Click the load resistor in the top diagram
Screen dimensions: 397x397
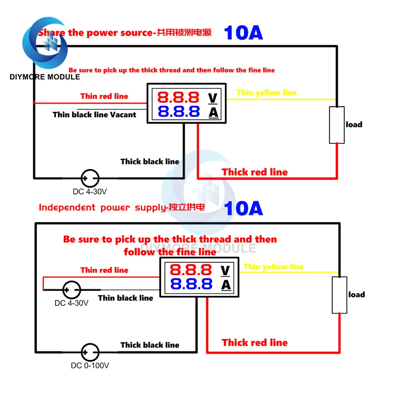[x=337, y=125]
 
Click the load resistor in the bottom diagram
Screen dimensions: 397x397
[x=339, y=295]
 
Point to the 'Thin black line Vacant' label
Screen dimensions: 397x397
[x=94, y=115]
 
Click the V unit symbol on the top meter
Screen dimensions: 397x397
[x=213, y=97]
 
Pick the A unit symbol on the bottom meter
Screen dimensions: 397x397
[x=225, y=284]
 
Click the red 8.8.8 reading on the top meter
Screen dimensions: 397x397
[x=178, y=97]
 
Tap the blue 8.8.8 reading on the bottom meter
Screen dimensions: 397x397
[x=191, y=284]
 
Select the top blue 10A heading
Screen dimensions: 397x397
[x=243, y=33]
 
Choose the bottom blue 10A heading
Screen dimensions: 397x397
[x=243, y=208]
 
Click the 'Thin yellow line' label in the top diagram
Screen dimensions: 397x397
[x=266, y=93]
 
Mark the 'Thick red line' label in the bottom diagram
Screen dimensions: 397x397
[x=254, y=343]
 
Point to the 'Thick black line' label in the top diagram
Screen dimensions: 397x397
[x=150, y=162]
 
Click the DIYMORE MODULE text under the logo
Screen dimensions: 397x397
[x=45, y=77]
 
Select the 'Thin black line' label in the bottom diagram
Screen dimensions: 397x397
[x=125, y=298]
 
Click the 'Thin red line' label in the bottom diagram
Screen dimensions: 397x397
[x=104, y=270]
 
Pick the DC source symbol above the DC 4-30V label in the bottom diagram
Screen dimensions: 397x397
[x=72, y=289]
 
